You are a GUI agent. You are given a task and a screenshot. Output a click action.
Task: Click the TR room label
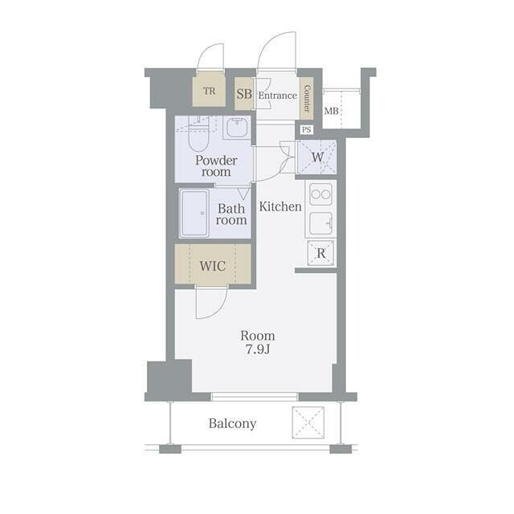210,91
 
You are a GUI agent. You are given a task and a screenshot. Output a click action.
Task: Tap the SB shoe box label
244,94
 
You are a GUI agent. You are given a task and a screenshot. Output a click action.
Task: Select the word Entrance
278,96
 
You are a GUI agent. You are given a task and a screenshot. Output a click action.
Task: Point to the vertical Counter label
307,98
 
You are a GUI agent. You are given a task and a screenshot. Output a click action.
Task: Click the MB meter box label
331,111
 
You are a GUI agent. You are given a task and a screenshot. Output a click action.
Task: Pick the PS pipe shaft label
306,129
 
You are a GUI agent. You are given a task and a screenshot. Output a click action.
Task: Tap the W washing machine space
317,157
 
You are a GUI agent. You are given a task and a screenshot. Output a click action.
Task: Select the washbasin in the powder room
238,128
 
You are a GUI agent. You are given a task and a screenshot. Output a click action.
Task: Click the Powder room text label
216,166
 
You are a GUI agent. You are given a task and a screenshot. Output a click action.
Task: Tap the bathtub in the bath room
194,214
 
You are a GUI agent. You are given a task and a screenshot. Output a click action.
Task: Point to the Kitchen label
280,206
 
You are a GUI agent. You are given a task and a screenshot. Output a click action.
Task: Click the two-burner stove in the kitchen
320,194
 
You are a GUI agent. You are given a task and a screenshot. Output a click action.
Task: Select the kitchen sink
321,223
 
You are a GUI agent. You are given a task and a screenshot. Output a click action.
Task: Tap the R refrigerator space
321,253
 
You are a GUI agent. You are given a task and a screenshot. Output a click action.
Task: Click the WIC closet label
213,266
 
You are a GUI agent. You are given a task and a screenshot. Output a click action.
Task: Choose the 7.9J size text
258,349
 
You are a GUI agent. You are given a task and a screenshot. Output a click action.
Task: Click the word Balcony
232,423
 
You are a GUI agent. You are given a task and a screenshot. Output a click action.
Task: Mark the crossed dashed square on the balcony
308,422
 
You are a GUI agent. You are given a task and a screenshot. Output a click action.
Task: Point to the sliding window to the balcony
255,397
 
